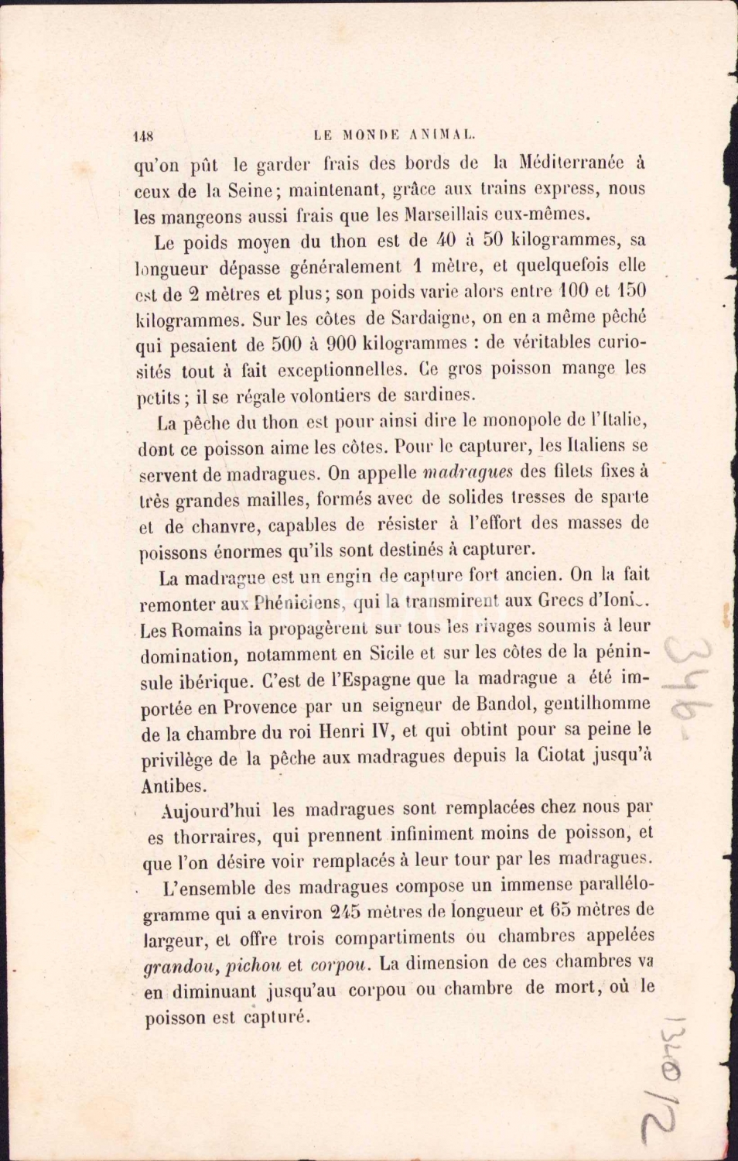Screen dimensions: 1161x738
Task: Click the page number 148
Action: pos(144,135)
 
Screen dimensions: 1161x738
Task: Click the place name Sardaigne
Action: pos(429,317)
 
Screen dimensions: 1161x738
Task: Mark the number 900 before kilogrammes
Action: pos(341,343)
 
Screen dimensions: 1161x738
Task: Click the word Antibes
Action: pos(174,786)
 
